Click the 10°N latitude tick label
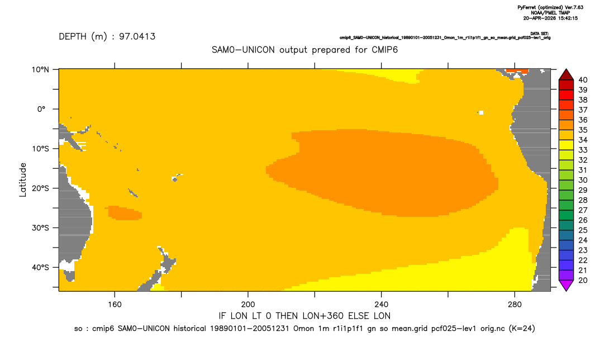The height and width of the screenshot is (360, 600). [x=40, y=70]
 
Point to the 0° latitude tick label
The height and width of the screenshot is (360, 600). [x=41, y=109]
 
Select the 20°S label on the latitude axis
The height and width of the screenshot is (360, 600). [x=40, y=188]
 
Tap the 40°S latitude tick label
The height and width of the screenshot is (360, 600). [x=40, y=267]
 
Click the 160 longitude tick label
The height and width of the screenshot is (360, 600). [x=115, y=305]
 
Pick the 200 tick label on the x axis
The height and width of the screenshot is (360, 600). [x=248, y=305]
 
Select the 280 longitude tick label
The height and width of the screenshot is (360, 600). [x=515, y=305]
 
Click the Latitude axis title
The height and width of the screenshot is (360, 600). [x=23, y=180]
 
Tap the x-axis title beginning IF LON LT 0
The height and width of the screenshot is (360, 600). [x=304, y=316]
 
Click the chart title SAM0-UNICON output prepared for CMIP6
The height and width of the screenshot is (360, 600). [x=304, y=50]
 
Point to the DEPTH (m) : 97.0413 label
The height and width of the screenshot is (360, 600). [x=107, y=36]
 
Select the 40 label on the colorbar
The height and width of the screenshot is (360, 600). [x=583, y=80]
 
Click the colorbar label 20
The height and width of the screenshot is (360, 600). [x=583, y=280]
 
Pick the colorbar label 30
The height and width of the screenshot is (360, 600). [x=583, y=180]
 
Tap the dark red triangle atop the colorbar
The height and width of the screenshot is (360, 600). [x=566, y=75]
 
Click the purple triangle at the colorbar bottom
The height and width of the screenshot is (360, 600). [x=566, y=285]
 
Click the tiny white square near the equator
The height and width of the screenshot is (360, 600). [x=481, y=112]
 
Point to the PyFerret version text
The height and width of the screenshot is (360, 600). [x=550, y=8]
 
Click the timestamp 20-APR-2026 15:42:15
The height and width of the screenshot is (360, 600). [x=550, y=18]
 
